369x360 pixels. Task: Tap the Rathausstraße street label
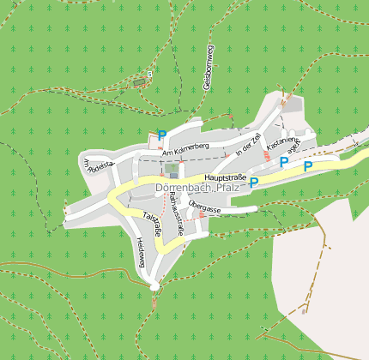point(177,213)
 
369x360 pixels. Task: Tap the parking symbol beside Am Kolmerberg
point(161,135)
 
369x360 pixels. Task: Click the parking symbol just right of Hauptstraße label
point(254,181)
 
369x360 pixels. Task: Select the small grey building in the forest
point(139,83)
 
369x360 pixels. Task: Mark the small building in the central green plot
point(173,175)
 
